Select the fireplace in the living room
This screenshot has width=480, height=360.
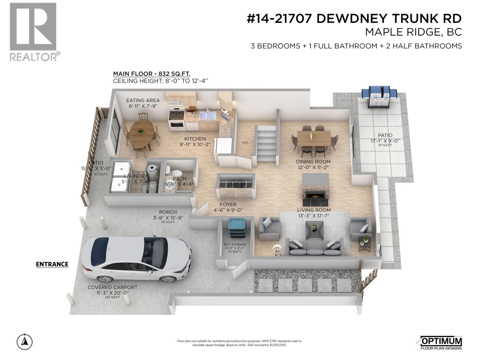pyautogui.click(x=315, y=195)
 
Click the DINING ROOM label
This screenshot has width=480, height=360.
pyautogui.click(x=313, y=162)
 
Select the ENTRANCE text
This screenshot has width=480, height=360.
pyautogui.click(x=52, y=264)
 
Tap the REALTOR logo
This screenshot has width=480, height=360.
pyautogui.click(x=33, y=31)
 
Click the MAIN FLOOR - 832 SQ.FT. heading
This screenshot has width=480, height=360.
pyautogui.click(x=151, y=74)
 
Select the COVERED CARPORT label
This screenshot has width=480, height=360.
pyautogui.click(x=112, y=287)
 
